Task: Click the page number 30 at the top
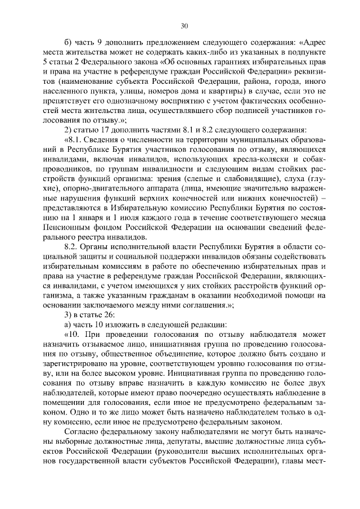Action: coord(184,25)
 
